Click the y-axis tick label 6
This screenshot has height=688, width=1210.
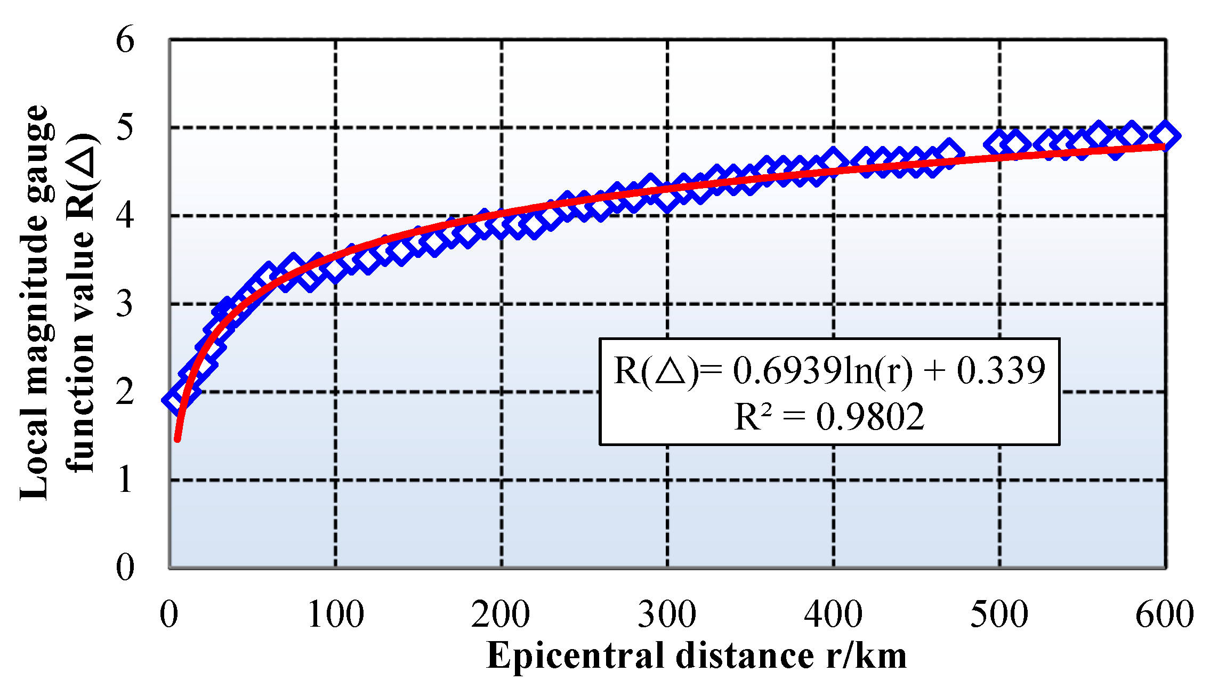pyautogui.click(x=125, y=40)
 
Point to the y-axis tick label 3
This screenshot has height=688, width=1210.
pyautogui.click(x=125, y=304)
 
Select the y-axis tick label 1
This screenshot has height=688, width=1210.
pyautogui.click(x=125, y=480)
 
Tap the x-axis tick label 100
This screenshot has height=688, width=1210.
pyautogui.click(x=335, y=614)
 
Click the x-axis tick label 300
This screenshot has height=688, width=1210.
pyautogui.click(x=667, y=614)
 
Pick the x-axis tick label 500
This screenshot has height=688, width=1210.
pyautogui.click(x=999, y=614)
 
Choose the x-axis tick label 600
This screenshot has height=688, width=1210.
pyautogui.click(x=1164, y=614)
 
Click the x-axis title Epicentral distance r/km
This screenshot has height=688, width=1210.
pyautogui.click(x=696, y=655)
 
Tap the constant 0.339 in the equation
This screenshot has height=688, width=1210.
pyautogui.click(x=1001, y=370)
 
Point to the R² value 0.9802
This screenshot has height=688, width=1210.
pyautogui.click(x=870, y=417)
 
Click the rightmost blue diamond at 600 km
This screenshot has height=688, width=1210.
pyautogui.click(x=1165, y=136)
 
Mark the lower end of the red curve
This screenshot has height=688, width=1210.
pyautogui.click(x=178, y=439)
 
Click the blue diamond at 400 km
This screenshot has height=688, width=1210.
pyautogui.click(x=833, y=161)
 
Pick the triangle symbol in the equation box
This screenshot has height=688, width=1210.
pyautogui.click(x=670, y=371)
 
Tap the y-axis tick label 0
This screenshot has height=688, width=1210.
pyautogui.click(x=125, y=568)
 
